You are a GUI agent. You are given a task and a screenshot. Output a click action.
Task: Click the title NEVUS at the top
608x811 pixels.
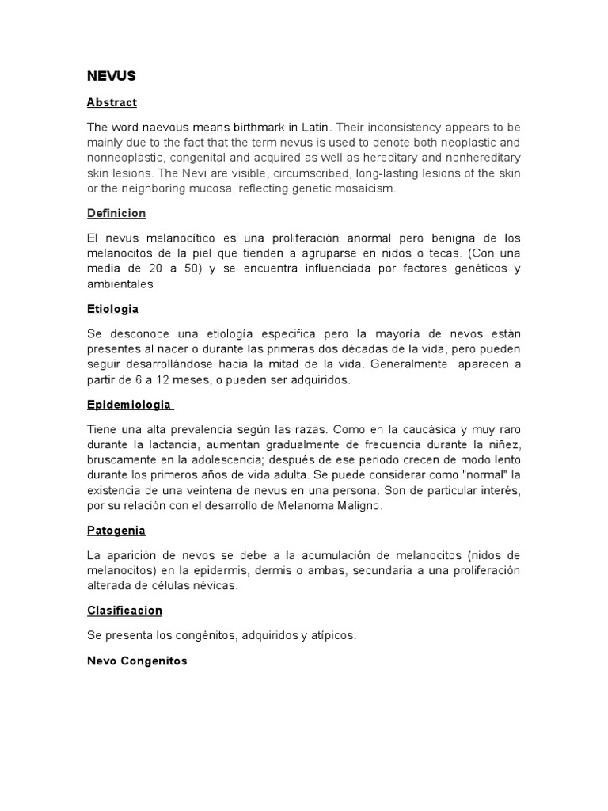(112, 76)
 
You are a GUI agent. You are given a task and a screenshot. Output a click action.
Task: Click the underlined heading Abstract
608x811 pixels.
(112, 102)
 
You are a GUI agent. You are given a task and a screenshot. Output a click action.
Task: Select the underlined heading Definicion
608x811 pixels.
(116, 214)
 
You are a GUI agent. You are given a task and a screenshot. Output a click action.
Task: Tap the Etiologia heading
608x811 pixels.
(113, 309)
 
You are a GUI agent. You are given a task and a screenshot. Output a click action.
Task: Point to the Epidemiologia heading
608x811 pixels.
(129, 404)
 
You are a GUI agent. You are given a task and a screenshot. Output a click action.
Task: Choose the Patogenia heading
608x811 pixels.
(116, 531)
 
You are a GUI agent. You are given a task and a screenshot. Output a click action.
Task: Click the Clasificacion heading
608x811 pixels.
(125, 610)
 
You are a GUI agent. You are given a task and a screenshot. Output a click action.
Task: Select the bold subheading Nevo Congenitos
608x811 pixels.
(137, 661)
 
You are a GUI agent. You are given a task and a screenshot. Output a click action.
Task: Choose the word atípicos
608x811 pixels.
(332, 635)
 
